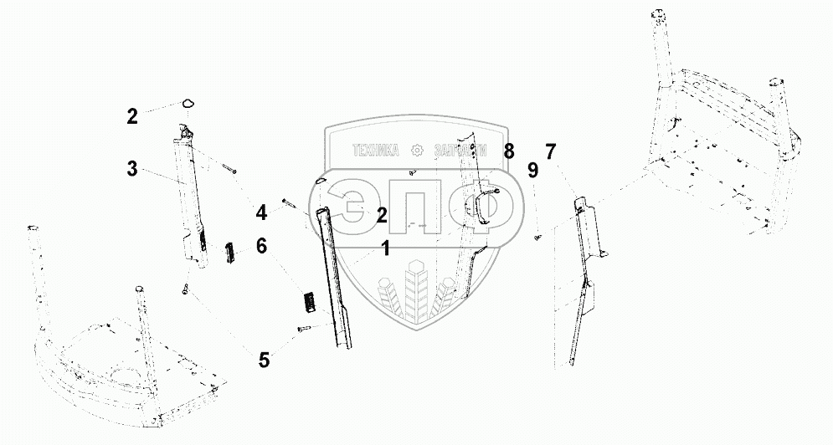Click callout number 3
coord(131,168)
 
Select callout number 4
coord(262,214)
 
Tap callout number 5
coord(264,361)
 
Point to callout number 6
coord(262,246)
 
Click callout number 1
coord(386,248)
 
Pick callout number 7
coord(550,153)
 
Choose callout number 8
coord(509,151)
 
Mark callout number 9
coord(532,171)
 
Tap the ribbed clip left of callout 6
coord(228,252)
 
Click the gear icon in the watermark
coord(416,151)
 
